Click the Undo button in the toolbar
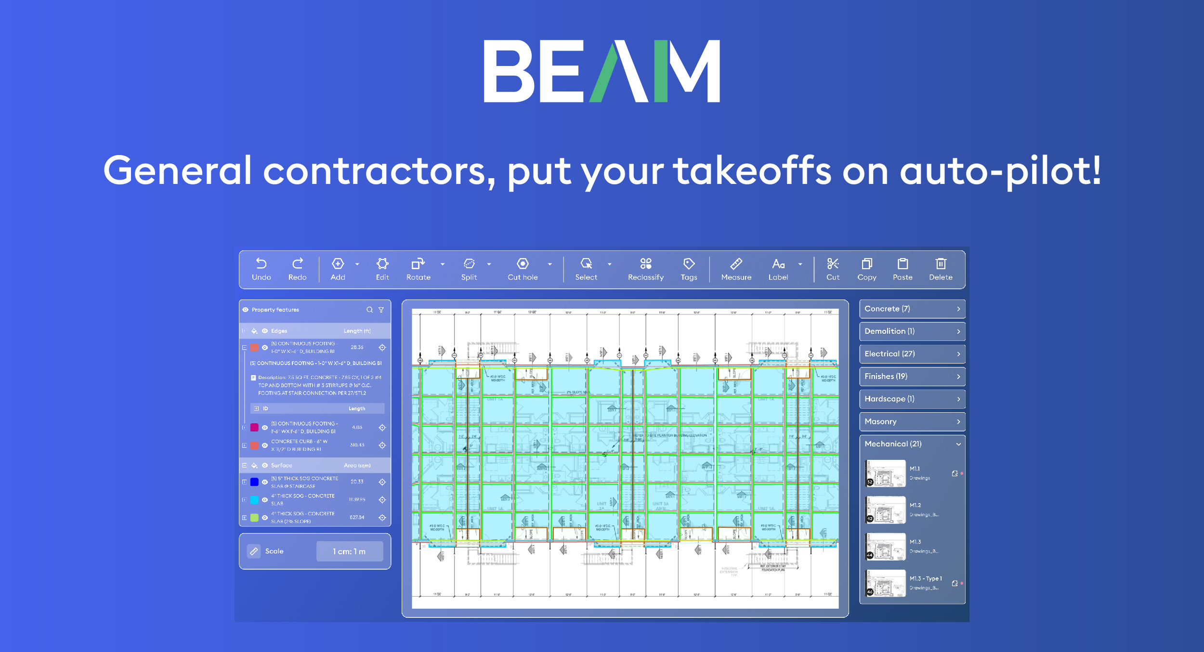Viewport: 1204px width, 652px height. [261, 269]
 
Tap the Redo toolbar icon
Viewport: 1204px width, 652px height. [297, 269]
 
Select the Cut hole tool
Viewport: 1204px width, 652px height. [523, 269]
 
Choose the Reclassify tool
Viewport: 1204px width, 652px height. [645, 269]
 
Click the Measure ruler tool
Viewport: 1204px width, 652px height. [736, 269]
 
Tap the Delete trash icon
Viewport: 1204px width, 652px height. [941, 269]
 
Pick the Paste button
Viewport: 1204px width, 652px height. [903, 269]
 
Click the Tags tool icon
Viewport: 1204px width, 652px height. [689, 269]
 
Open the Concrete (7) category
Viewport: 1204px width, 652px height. [912, 309]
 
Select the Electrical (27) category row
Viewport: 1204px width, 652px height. [912, 354]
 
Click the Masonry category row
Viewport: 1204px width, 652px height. [912, 422]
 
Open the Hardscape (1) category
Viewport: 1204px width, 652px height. [912, 399]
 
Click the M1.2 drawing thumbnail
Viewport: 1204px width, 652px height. [885, 510]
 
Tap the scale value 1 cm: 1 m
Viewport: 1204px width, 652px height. [349, 551]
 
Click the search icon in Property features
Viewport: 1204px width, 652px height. [369, 310]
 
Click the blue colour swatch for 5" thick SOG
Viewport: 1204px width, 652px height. [254, 482]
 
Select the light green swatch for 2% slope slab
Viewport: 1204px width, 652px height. [254, 518]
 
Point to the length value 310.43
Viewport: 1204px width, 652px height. [357, 445]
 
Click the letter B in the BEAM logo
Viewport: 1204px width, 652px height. [508, 71]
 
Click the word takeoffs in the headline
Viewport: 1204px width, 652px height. [752, 170]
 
